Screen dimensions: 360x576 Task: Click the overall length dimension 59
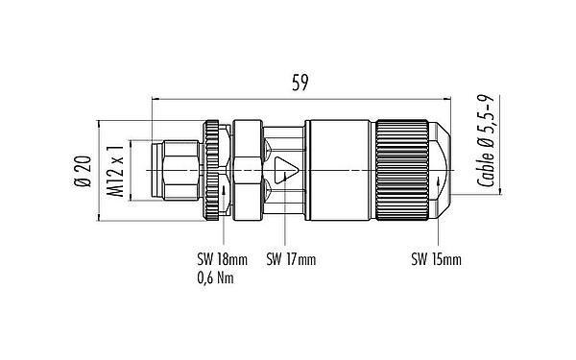(x=300, y=84)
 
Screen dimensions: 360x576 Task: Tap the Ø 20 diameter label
(x=82, y=171)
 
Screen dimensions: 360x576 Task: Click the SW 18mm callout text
(x=220, y=259)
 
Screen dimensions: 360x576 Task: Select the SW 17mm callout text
(x=291, y=259)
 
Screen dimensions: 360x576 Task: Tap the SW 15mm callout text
(x=436, y=259)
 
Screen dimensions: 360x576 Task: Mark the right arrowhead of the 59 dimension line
(x=445, y=97)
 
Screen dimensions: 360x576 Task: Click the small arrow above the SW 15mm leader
(x=441, y=181)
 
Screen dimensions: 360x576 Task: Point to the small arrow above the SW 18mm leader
(x=224, y=190)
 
